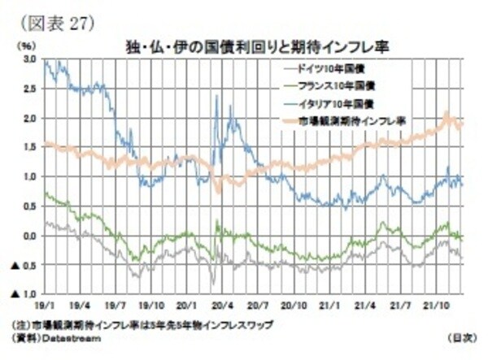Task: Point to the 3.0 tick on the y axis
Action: (x=28, y=60)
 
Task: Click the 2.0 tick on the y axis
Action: (x=28, y=119)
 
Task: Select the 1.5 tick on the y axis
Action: (x=28, y=148)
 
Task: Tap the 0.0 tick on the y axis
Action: (x=28, y=236)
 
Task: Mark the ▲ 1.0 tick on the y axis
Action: (x=22, y=293)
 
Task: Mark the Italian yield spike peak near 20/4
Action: (x=216, y=96)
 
